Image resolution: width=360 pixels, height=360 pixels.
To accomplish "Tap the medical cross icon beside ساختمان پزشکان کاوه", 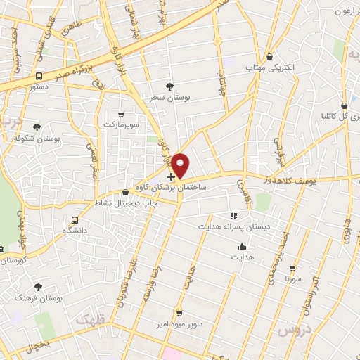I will click(172, 177).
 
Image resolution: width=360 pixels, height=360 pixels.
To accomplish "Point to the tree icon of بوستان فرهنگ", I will click(37, 286).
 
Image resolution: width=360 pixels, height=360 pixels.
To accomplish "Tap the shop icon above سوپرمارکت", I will click(122, 114).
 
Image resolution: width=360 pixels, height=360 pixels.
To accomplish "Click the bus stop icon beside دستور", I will click(40, 75).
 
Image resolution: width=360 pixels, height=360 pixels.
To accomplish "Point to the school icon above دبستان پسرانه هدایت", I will click(233, 216).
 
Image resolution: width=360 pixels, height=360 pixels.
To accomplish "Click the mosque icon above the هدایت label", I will click(243, 247).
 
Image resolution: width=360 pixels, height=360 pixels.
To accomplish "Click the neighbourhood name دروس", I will click(292, 328).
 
